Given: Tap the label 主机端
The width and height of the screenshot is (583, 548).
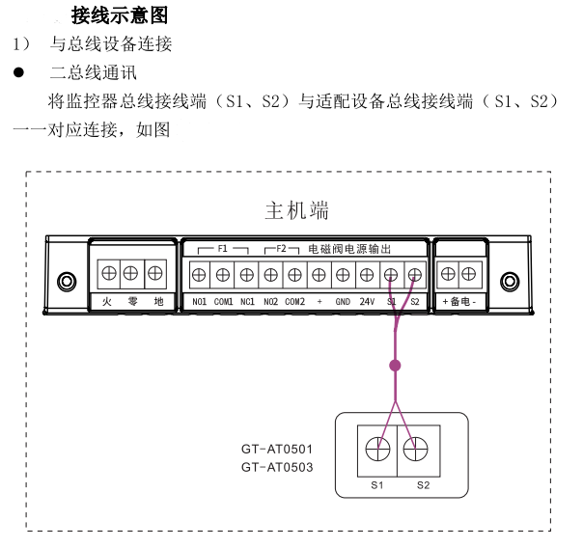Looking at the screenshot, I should (x=296, y=209).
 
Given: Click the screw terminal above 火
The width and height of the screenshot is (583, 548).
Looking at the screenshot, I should (x=107, y=273).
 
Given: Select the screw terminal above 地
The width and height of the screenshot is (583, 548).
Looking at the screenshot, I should (x=154, y=273).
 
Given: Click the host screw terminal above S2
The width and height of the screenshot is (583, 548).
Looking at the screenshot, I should (x=415, y=275).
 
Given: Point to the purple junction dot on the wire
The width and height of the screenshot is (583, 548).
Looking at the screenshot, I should (x=394, y=366).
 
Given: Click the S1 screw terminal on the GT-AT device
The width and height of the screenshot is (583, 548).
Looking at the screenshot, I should (x=377, y=448).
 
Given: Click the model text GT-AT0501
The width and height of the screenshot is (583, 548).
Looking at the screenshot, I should (x=277, y=450).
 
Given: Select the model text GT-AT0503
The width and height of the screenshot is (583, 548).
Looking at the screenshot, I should (x=277, y=467).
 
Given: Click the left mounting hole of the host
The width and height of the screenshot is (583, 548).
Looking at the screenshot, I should (x=66, y=282).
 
